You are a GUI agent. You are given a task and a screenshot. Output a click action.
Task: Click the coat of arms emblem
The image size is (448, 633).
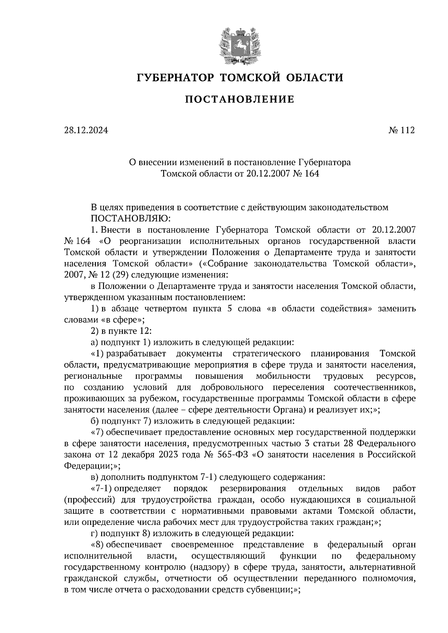239,44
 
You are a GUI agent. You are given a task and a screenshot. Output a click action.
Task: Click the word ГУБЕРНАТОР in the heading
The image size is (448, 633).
175,78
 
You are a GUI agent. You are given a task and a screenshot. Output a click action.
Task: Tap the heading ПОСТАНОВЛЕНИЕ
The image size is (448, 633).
240,100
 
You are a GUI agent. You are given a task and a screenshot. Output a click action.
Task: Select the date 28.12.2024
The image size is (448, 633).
85,130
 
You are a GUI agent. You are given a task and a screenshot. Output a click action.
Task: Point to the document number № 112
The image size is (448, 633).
401,130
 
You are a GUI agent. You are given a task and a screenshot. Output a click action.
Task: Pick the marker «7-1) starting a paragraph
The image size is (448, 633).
102,488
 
